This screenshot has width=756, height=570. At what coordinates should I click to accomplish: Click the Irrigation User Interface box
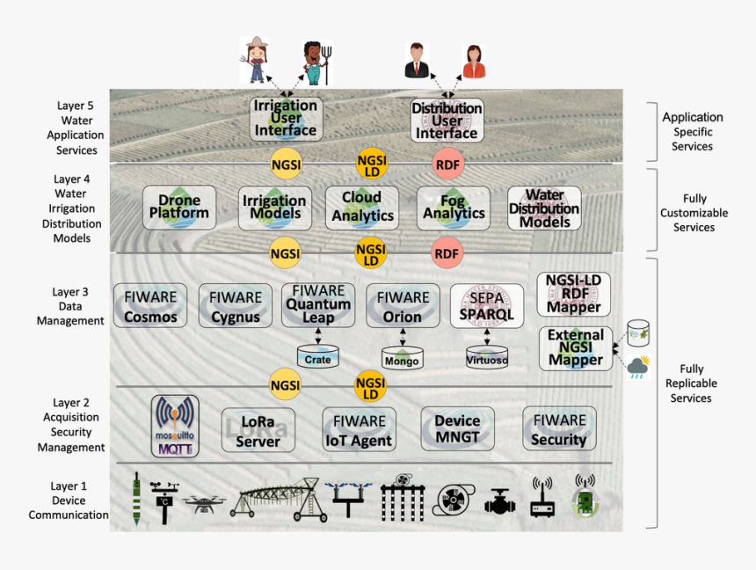[x=286, y=119]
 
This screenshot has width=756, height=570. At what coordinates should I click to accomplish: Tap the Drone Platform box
[x=179, y=208]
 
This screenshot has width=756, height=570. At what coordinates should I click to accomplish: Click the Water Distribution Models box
[x=544, y=209]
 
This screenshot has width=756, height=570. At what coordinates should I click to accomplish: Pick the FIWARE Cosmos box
[x=150, y=306]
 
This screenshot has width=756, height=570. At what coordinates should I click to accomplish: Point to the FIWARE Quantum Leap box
[x=318, y=304]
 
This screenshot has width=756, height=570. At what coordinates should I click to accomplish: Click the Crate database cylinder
[x=317, y=357]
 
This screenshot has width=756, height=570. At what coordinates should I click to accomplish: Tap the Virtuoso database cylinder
[x=487, y=357]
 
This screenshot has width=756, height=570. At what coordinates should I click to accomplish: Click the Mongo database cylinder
[x=402, y=358]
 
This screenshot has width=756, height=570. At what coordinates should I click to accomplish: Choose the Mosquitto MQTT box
[x=176, y=427]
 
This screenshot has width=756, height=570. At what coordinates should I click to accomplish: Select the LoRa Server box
[x=258, y=430]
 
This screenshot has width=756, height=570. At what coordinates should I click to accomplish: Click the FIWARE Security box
[x=559, y=429]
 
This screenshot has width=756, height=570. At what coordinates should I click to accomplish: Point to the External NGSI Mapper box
[x=576, y=348]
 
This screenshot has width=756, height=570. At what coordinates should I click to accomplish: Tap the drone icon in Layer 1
[x=204, y=504]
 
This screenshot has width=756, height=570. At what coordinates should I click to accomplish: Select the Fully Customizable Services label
[x=694, y=213]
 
